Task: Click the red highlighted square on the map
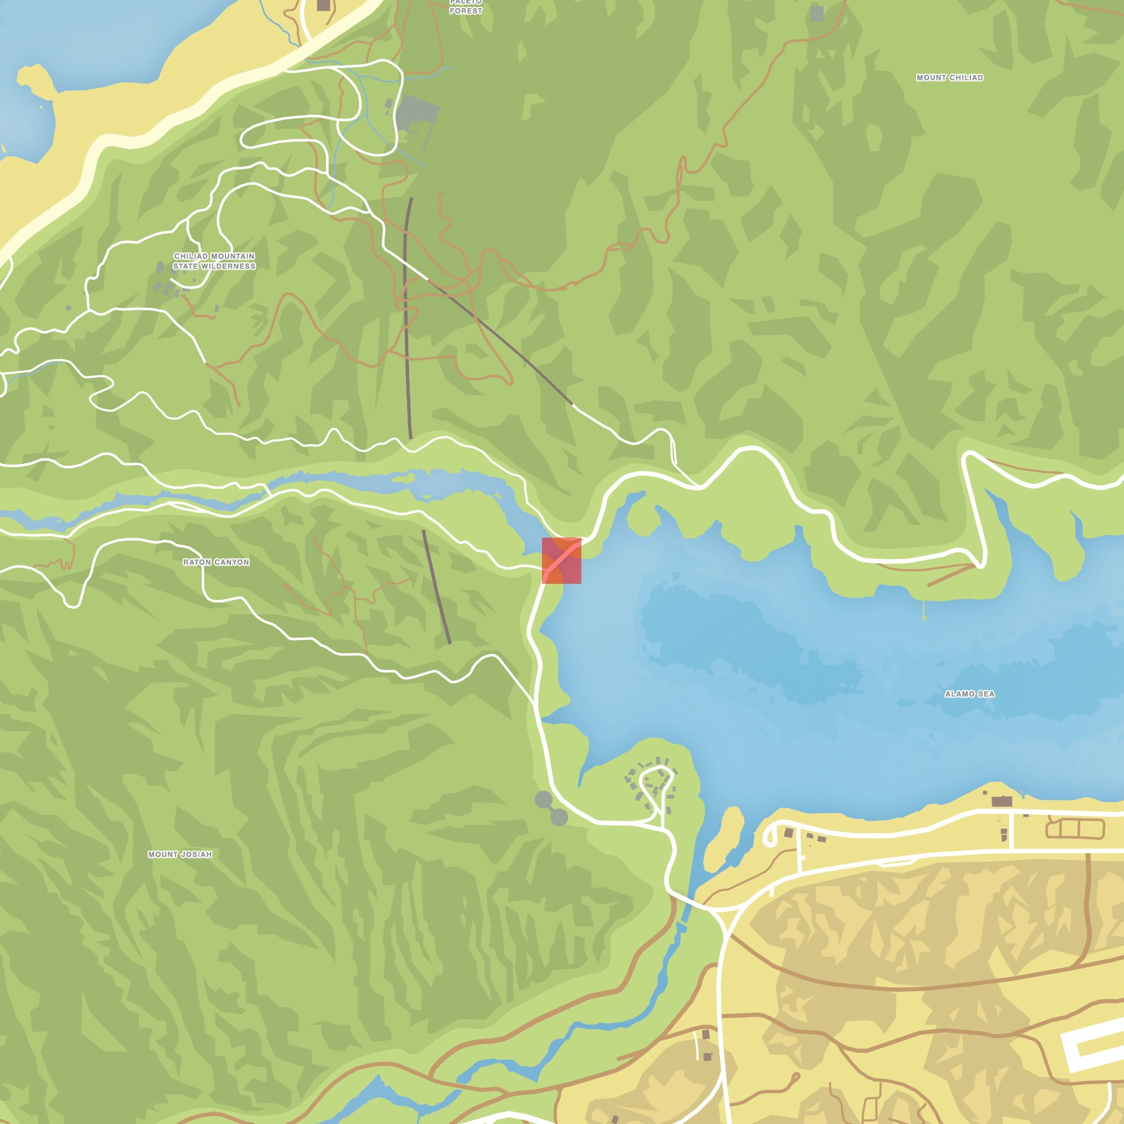[x=561, y=560]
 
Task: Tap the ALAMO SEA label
[x=969, y=694]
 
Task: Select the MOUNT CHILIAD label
[x=949, y=77]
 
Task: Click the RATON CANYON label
[x=216, y=562]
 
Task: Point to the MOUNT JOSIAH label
[x=180, y=854]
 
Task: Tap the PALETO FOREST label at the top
[x=466, y=7]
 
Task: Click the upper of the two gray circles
[x=544, y=799]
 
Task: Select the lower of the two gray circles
[x=560, y=817]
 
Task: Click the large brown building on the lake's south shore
[x=1002, y=801]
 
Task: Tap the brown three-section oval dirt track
[x=1075, y=829]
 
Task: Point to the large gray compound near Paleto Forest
[x=417, y=113]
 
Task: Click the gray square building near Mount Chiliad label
[x=817, y=14]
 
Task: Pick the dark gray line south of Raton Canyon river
[x=436, y=587]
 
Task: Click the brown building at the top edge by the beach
[x=323, y=5]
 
